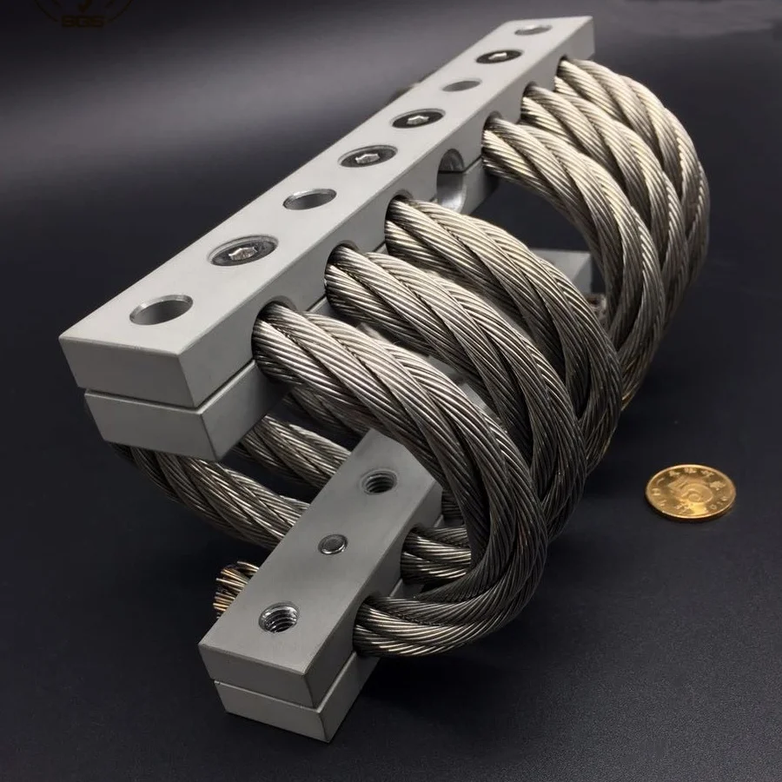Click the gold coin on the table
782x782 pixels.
[x=690, y=492]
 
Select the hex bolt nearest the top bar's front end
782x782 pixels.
[x=242, y=252]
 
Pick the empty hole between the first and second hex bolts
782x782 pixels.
[x=309, y=199]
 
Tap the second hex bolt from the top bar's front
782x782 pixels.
[x=368, y=156]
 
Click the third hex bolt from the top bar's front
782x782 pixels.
[x=418, y=117]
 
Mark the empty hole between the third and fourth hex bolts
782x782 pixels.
[x=461, y=85]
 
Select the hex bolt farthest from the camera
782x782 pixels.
[x=499, y=56]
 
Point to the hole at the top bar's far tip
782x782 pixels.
[x=533, y=30]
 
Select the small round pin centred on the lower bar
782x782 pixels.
[x=332, y=544]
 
